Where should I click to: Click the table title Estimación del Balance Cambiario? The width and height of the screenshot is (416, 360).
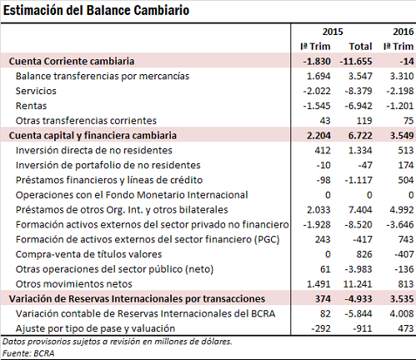pyautogui.click(x=96, y=11)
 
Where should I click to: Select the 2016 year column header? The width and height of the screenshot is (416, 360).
pyautogui.click(x=403, y=32)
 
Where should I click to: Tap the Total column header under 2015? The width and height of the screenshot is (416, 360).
pyautogui.click(x=360, y=47)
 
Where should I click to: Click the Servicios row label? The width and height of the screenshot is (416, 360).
pyautogui.click(x=36, y=91)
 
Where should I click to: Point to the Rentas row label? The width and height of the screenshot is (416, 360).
pyautogui.click(x=31, y=106)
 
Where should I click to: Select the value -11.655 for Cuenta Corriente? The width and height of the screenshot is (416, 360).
pyautogui.click(x=356, y=61)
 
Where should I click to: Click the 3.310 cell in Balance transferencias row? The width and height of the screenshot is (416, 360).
pyautogui.click(x=402, y=76)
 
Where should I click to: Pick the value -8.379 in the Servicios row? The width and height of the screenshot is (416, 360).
pyautogui.click(x=358, y=91)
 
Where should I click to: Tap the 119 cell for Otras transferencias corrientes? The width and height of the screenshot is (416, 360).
pyautogui.click(x=364, y=121)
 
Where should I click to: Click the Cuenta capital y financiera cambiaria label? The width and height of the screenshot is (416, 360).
pyautogui.click(x=93, y=136)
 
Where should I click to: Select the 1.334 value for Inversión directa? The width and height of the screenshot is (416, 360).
pyautogui.click(x=360, y=150)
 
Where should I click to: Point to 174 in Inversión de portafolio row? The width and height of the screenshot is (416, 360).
pyautogui.click(x=406, y=165)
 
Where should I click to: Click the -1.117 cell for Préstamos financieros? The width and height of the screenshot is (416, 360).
pyautogui.click(x=358, y=180)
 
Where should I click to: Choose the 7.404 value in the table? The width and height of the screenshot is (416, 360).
pyautogui.click(x=360, y=210)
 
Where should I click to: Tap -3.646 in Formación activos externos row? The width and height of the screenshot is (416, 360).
pyautogui.click(x=400, y=224)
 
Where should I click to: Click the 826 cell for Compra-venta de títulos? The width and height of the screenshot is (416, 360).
pyautogui.click(x=364, y=254)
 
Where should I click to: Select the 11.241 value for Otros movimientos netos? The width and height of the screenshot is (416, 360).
pyautogui.click(x=358, y=284)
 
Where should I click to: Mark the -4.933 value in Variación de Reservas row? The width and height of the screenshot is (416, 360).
pyautogui.click(x=358, y=298)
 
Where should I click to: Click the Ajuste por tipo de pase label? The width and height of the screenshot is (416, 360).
pyautogui.click(x=95, y=328)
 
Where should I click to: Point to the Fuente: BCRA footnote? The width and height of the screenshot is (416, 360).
pyautogui.click(x=28, y=353)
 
